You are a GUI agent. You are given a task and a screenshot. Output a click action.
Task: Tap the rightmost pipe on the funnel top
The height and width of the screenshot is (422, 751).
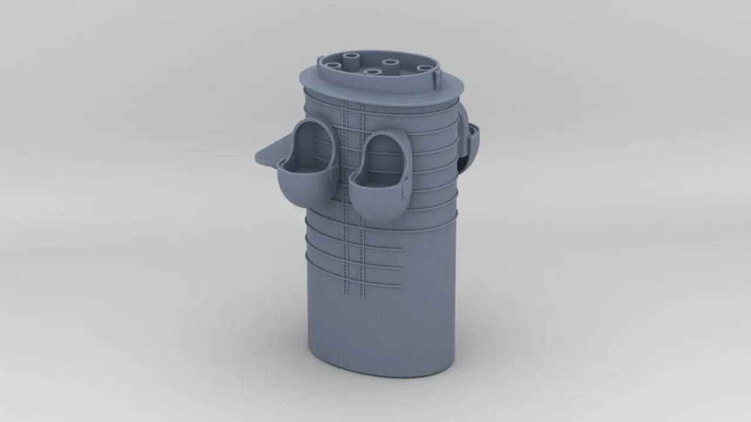(x=424, y=69)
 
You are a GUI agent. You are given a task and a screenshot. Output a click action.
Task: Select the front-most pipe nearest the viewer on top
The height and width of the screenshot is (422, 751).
(x=370, y=73)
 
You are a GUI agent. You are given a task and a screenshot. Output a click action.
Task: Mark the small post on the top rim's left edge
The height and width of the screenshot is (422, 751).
(x=320, y=61)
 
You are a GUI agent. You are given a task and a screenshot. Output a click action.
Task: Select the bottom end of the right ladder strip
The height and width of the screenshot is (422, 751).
(x=361, y=293)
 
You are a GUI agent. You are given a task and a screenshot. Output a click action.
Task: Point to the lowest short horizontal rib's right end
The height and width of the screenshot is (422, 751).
(x=401, y=286)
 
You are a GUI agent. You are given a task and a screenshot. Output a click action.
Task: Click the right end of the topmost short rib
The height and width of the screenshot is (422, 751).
(x=401, y=250)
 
